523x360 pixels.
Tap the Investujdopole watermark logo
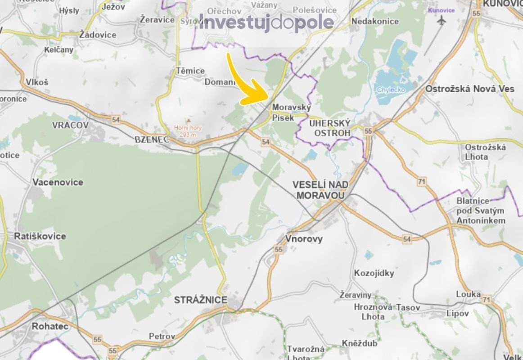tap(266, 22)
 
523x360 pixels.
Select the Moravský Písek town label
tap(285, 112)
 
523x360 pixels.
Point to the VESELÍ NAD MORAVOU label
tap(319, 190)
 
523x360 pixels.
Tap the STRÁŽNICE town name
tap(201, 300)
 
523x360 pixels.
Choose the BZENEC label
tap(152, 139)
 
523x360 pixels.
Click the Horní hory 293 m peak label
tap(188, 130)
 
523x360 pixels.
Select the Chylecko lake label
tap(391, 90)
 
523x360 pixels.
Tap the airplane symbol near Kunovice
tap(441, 20)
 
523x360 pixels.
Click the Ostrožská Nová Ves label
tap(470, 89)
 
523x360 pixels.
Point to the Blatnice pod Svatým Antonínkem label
tap(481, 211)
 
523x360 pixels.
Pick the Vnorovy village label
tap(304, 239)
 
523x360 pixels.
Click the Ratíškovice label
tap(40, 236)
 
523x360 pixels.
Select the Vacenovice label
tap(58, 182)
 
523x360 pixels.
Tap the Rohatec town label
tap(50, 326)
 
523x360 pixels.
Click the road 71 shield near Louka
tap(486, 299)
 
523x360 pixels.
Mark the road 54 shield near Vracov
tap(117, 120)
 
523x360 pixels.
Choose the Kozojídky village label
tap(374, 273)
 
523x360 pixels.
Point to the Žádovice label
tap(98, 35)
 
